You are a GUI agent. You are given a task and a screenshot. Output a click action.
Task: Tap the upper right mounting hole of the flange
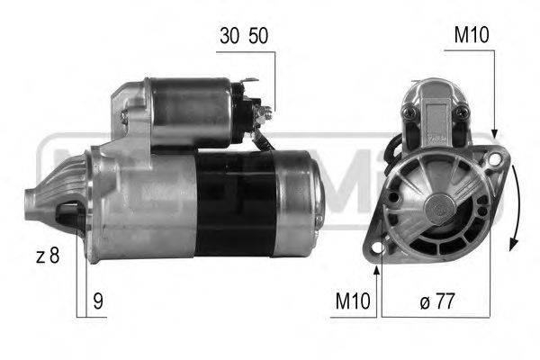(x=493, y=160)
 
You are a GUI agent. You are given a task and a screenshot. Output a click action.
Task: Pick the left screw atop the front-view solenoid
(x=411, y=111)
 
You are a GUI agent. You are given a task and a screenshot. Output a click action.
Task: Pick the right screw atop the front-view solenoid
(x=462, y=111)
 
